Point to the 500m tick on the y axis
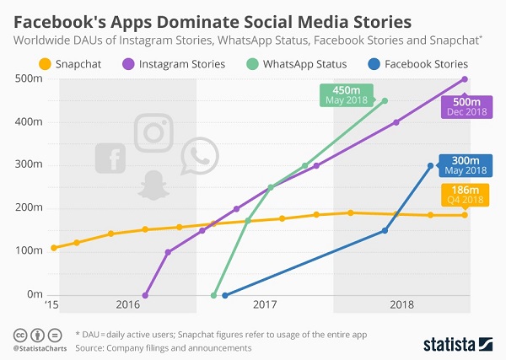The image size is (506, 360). point(33,79)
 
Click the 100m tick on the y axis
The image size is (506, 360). point(33,251)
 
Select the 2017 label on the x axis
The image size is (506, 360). point(265,304)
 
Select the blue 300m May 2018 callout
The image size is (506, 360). point(466,165)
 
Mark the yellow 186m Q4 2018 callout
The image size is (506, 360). point(465,196)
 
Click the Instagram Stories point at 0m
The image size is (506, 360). point(145,295)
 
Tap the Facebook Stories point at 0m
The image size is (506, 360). point(224,295)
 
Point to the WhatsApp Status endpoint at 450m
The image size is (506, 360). point(385,101)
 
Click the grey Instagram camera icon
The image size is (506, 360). point(153,132)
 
